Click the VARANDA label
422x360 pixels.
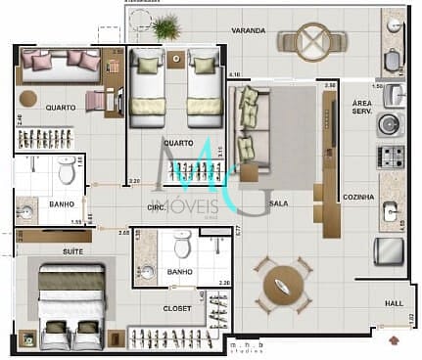pos(249,31)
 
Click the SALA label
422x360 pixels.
pos(278,205)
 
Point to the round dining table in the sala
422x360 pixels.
pos(283,285)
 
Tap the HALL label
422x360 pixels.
pos(393,304)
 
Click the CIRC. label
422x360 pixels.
pos(156,207)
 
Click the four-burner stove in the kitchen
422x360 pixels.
pos(392,155)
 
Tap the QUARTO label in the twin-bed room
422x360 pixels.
pos(178,142)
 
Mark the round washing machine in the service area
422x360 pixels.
pos(391,124)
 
